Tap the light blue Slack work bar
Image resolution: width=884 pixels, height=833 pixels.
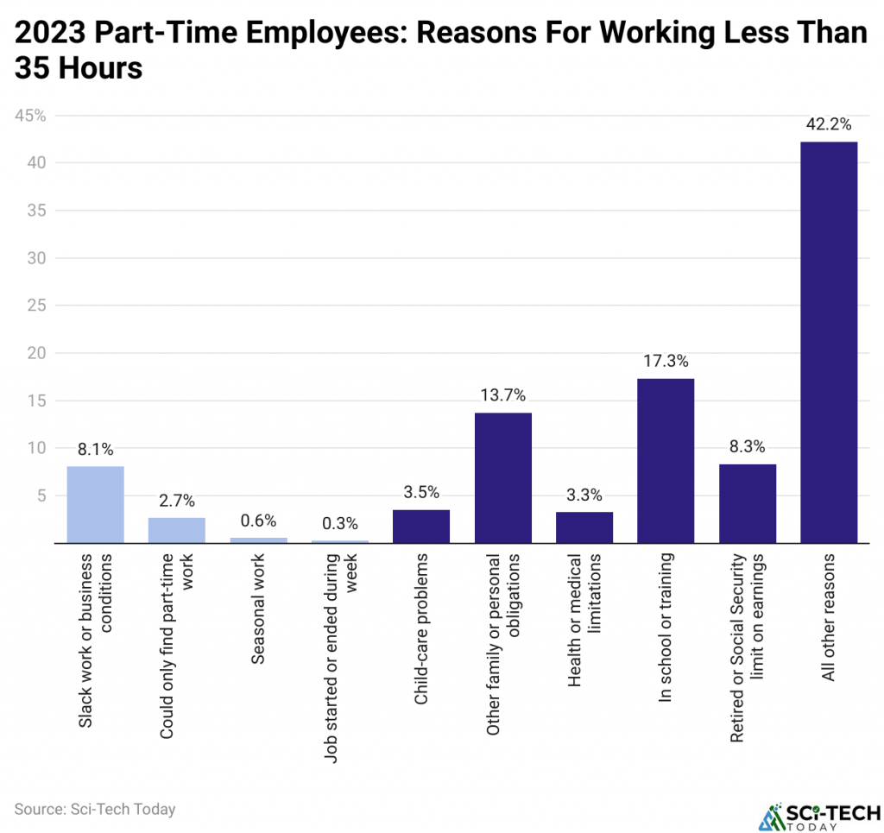tap(95, 504)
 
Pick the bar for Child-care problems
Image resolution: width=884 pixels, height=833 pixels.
tap(421, 527)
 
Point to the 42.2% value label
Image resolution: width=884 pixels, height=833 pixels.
tap(828, 124)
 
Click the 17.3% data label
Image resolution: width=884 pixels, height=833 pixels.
tap(665, 361)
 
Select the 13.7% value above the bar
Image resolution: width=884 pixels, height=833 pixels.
tap(502, 395)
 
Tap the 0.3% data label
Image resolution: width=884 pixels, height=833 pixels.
tap(339, 522)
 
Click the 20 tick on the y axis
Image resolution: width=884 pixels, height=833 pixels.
tap(34, 353)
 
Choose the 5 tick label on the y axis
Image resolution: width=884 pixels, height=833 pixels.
tap(38, 495)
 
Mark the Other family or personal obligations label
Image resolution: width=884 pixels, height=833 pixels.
tap(502, 647)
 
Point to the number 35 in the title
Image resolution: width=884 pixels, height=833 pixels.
tap(33, 69)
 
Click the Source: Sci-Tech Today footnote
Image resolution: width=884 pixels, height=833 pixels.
tap(95, 809)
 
